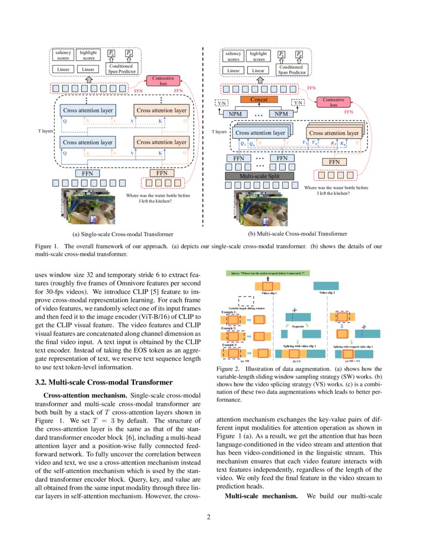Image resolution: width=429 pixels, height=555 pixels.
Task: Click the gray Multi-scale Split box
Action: pos(259,176)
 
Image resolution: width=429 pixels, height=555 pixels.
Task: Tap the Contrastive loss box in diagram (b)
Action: pos(333,102)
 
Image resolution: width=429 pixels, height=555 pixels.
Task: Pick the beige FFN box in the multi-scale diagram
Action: pos(334,162)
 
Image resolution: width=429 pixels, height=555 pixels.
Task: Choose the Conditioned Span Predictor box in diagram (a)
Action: pos(121,69)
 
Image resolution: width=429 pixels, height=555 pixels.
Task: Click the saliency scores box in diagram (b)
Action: pos(233,56)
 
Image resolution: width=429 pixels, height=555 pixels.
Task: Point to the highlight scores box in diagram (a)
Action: pos(88,55)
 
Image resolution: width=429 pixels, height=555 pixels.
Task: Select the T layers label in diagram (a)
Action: pos(46,130)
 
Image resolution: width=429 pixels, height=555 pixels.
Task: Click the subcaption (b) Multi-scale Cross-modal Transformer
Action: pos(297,234)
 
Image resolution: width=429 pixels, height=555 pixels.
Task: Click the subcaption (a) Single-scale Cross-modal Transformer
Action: pos(124,234)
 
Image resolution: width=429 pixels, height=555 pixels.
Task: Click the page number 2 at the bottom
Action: pos(215,516)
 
